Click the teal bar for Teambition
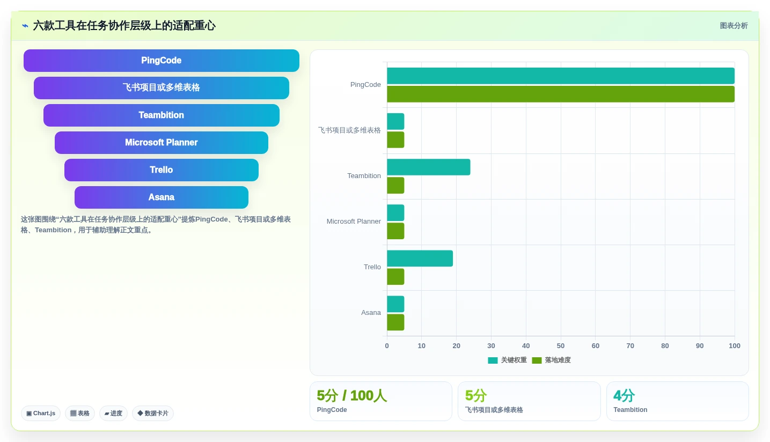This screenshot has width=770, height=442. (x=428, y=167)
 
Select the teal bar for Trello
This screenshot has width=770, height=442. (x=420, y=258)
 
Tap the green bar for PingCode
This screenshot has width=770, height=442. (x=561, y=94)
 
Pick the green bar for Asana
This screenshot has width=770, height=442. (x=395, y=322)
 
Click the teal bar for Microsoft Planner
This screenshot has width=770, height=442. (x=395, y=213)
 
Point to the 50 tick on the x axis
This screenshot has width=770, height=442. (x=561, y=346)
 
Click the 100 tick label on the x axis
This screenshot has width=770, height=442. (x=735, y=346)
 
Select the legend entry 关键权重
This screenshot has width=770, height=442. (x=508, y=360)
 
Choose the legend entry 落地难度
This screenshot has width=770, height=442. (x=552, y=360)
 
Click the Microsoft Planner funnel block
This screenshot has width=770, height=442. (x=161, y=142)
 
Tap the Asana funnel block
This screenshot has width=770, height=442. (x=161, y=197)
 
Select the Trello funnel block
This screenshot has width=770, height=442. (x=161, y=170)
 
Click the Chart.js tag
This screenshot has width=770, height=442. (x=41, y=413)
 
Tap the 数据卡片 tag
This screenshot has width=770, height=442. (x=153, y=413)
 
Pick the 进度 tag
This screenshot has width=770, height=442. (x=113, y=413)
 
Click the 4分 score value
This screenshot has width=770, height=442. (x=624, y=395)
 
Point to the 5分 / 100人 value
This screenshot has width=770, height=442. (x=351, y=395)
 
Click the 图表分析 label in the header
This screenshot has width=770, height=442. (x=734, y=26)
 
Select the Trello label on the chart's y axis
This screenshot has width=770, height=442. (x=372, y=267)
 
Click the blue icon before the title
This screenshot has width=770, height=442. (x=25, y=26)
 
